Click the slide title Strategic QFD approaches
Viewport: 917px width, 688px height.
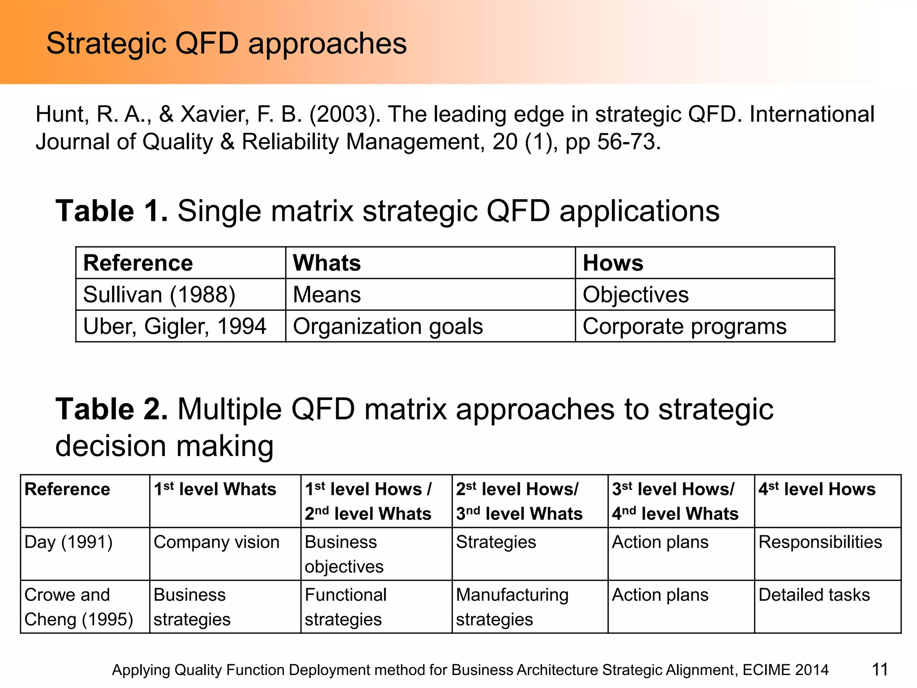pyautogui.click(x=226, y=43)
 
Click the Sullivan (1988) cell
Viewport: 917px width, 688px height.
pyautogui.click(x=159, y=295)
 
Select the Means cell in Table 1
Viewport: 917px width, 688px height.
pyautogui.click(x=326, y=295)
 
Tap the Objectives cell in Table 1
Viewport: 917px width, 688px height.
pyautogui.click(x=635, y=295)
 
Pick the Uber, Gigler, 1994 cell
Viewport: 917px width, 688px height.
pyautogui.click(x=175, y=326)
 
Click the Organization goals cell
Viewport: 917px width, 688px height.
pyautogui.click(x=388, y=326)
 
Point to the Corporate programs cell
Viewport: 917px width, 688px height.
pyautogui.click(x=684, y=326)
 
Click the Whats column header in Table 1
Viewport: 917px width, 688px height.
pyautogui.click(x=326, y=263)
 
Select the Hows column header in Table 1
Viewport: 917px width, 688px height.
pyautogui.click(x=613, y=263)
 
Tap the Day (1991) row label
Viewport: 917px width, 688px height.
pyautogui.click(x=69, y=542)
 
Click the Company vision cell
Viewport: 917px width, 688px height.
pyautogui.click(x=216, y=542)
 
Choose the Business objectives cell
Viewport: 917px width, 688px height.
pyautogui.click(x=344, y=555)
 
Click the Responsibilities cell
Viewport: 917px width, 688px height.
pyautogui.click(x=820, y=542)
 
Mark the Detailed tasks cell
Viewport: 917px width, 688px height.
pyautogui.click(x=814, y=595)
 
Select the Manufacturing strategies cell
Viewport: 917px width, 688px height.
pyautogui.click(x=512, y=607)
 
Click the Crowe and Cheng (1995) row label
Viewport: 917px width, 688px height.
pyautogui.click(x=79, y=607)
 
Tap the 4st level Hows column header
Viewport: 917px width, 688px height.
pyautogui.click(x=817, y=489)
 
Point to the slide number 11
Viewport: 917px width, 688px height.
pyautogui.click(x=879, y=670)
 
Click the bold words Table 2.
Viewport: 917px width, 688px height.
pyautogui.click(x=111, y=409)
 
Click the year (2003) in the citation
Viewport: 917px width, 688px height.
pyautogui.click(x=345, y=114)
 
